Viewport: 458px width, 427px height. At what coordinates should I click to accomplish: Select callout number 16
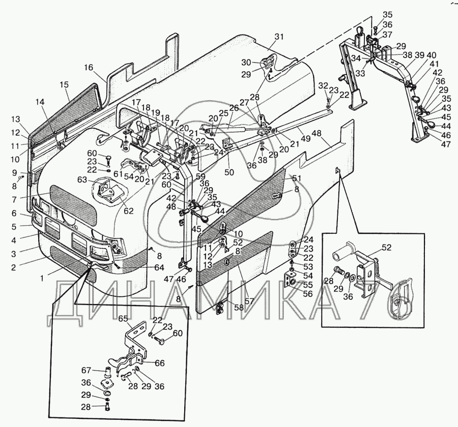(89, 67)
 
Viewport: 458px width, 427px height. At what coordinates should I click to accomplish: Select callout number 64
(160, 267)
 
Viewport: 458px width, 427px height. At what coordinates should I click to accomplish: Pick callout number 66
(159, 363)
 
